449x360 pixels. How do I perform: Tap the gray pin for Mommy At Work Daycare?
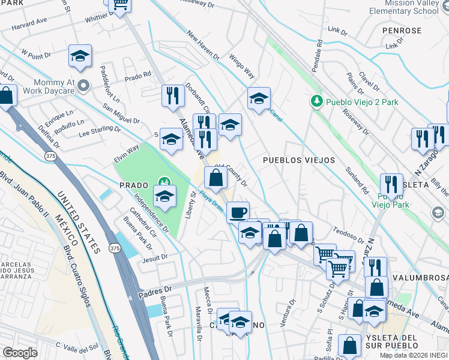[83, 86]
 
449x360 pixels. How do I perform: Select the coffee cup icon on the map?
[238, 212]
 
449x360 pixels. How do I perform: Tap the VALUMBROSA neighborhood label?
[420, 278]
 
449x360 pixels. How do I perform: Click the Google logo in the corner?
[20, 353]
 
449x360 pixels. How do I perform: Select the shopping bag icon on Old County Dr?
[215, 178]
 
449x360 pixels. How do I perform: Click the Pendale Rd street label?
[319, 54]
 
